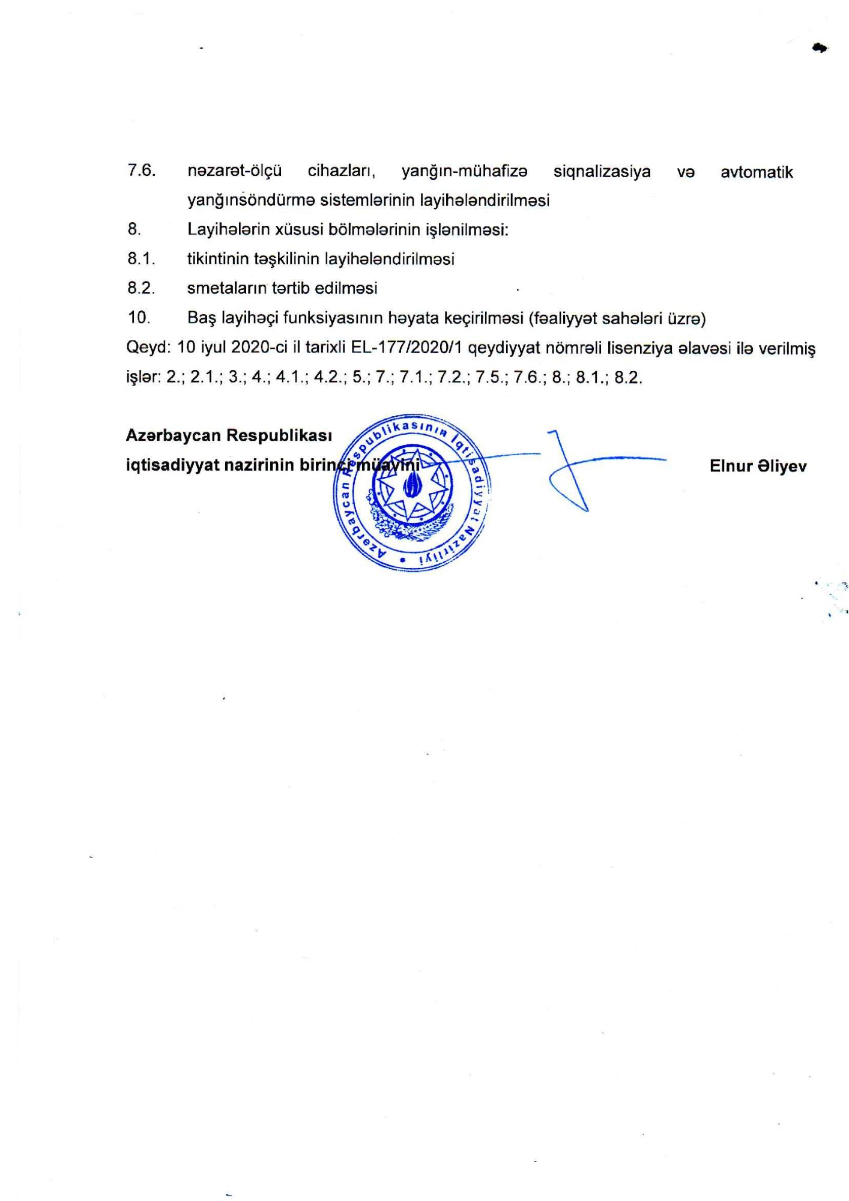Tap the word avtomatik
[757, 172]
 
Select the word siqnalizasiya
[602, 172]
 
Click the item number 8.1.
[142, 259]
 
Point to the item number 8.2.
[142, 288]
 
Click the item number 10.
[139, 317]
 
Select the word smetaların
[226, 288]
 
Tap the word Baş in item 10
[202, 318]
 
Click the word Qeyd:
[149, 348]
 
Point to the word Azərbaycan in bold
[173, 435]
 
